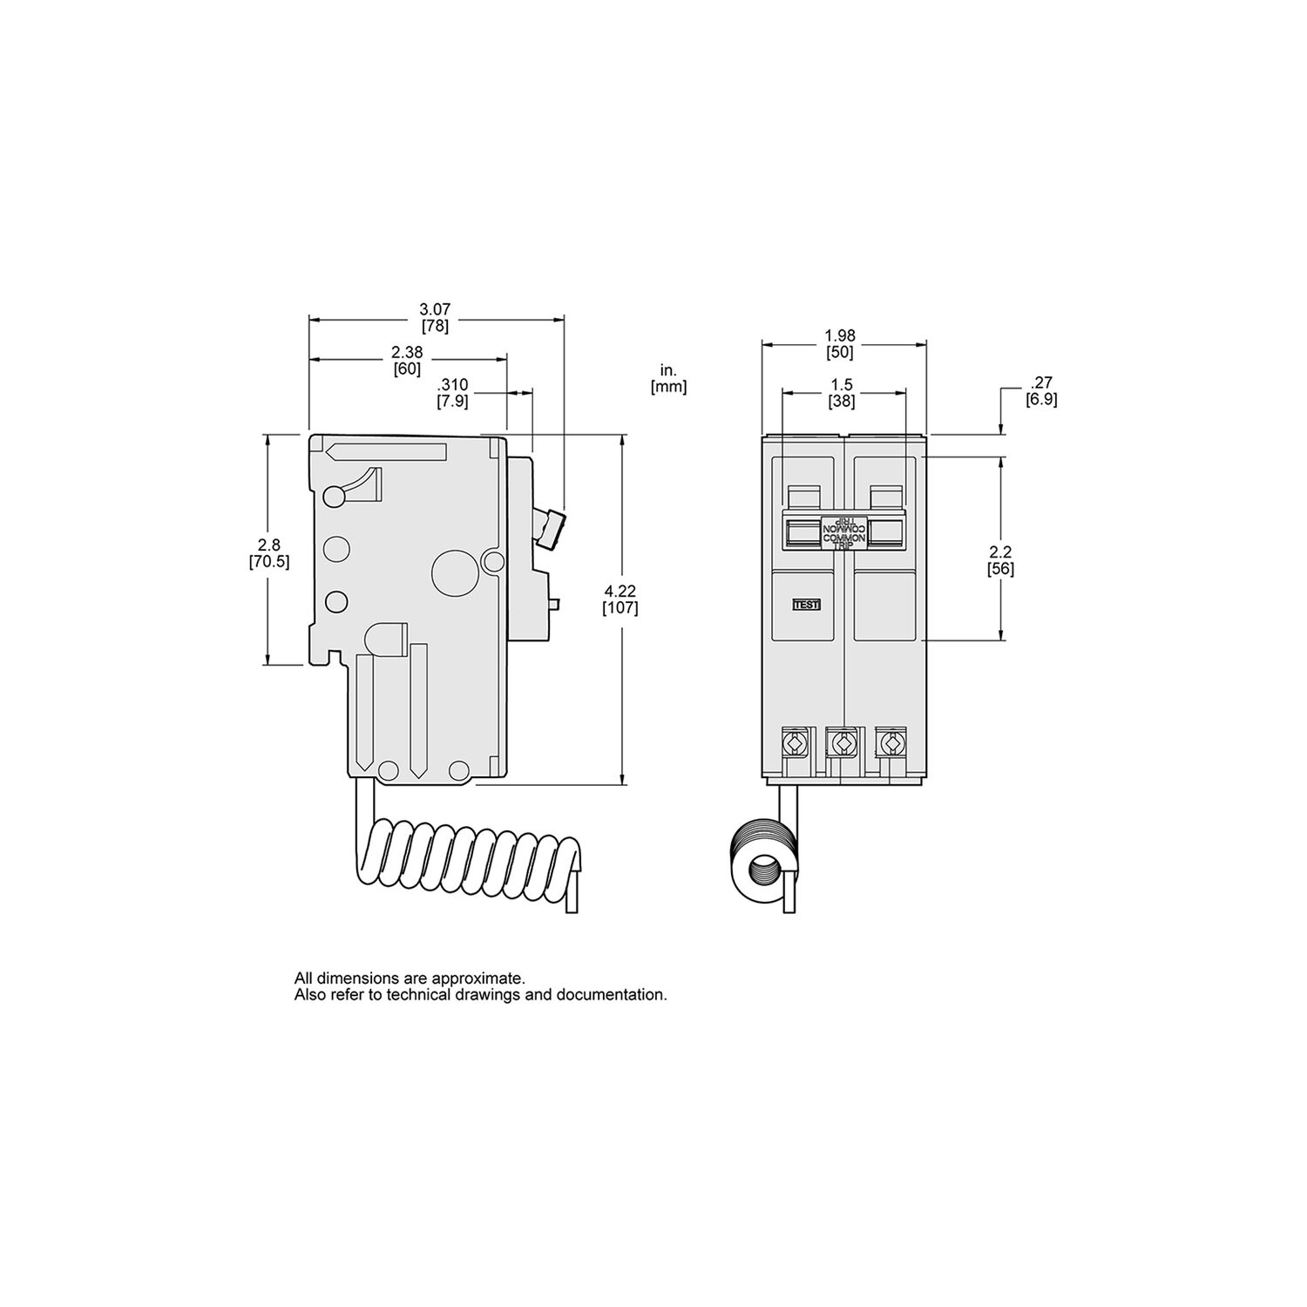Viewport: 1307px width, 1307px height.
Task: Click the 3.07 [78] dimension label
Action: click(x=435, y=318)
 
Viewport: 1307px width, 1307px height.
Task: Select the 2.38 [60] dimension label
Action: click(x=406, y=360)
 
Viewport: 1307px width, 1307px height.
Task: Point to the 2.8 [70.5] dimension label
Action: click(x=268, y=553)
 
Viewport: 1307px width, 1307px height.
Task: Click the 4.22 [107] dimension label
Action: click(x=620, y=599)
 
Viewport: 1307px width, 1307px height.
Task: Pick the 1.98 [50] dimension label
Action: click(x=843, y=343)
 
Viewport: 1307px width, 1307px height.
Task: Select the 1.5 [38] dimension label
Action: click(x=842, y=393)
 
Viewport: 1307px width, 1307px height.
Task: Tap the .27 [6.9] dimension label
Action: click(x=1041, y=390)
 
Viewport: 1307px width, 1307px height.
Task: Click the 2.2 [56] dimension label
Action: click(x=1000, y=560)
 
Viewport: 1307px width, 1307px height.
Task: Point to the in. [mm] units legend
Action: click(x=668, y=379)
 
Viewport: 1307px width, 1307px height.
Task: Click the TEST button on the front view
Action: click(x=806, y=604)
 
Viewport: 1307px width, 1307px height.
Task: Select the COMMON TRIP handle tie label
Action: click(x=843, y=532)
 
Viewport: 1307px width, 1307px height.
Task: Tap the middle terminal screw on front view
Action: click(x=843, y=743)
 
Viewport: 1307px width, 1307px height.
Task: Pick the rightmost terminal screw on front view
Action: click(x=890, y=742)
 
